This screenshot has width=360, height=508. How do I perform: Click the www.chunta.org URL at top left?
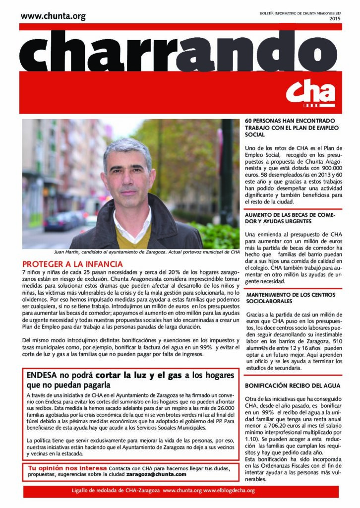pyautogui.click(x=53, y=16)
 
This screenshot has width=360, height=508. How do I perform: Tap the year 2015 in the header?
pyautogui.click(x=335, y=18)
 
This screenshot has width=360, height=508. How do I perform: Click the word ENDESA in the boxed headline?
pyautogui.click(x=44, y=376)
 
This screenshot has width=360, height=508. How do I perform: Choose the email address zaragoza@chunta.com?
pyautogui.click(x=156, y=474)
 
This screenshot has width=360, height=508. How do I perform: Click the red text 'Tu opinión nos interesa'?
pyautogui.click(x=67, y=468)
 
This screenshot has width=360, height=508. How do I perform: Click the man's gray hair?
pyautogui.click(x=126, y=147)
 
